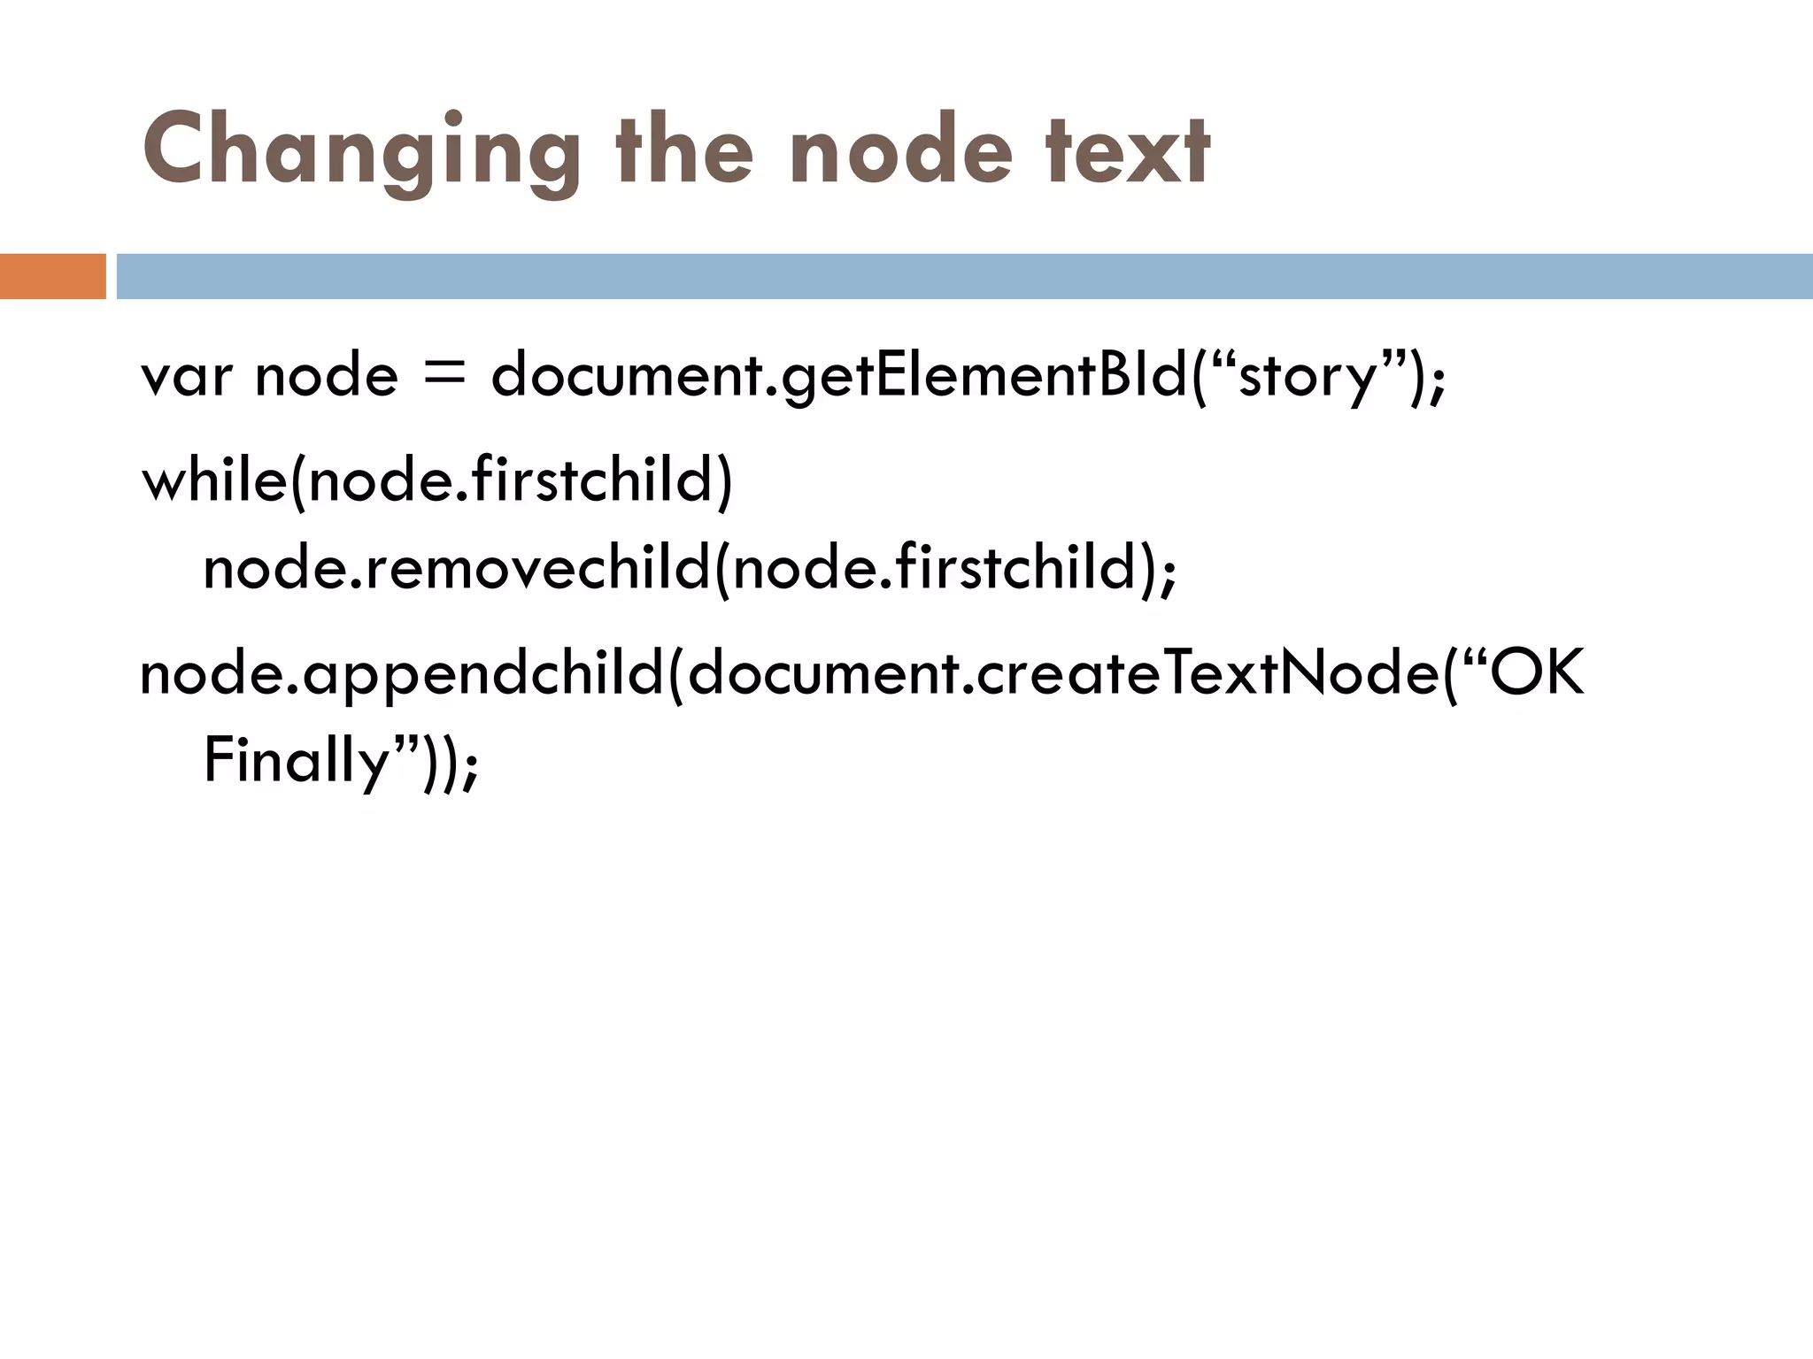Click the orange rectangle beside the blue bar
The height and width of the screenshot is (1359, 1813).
(52, 276)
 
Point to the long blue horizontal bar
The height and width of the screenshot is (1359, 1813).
(964, 276)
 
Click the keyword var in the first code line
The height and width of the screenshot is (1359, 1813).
(188, 376)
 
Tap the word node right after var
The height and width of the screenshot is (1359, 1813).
(327, 376)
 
